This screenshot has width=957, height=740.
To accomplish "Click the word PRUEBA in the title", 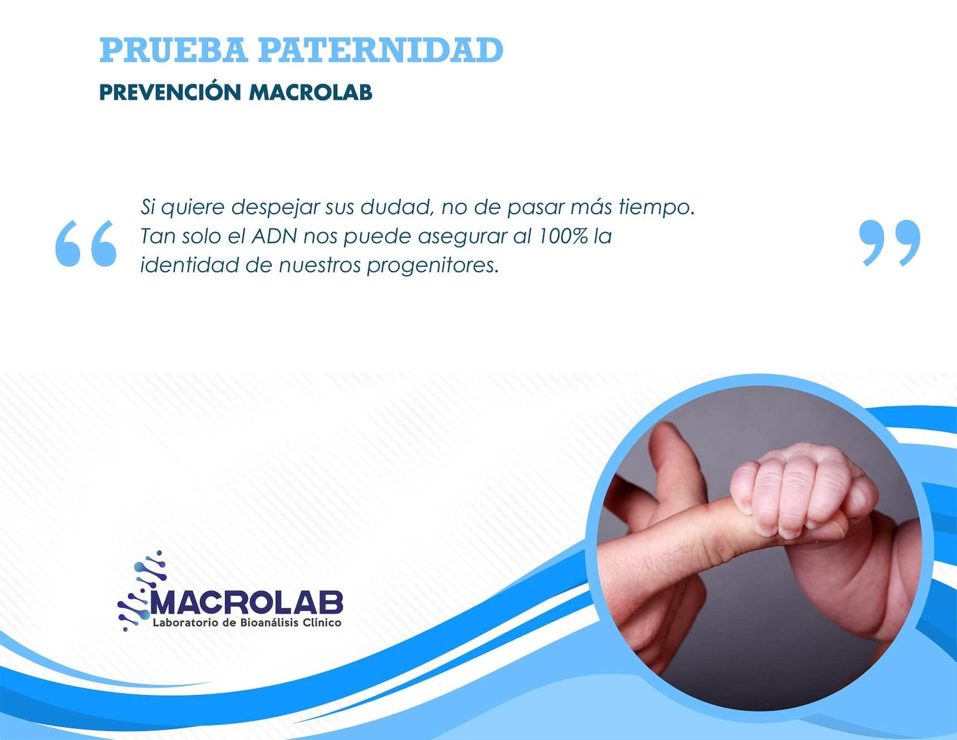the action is click(x=174, y=50).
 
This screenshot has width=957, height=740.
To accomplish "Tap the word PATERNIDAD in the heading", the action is click(x=380, y=50).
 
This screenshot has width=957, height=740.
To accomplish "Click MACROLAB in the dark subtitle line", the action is click(x=310, y=93).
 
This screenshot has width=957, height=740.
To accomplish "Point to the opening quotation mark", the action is click(x=86, y=243).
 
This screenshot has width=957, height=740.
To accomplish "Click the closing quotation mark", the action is click(x=890, y=243).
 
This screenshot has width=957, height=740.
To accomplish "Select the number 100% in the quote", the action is click(x=563, y=237).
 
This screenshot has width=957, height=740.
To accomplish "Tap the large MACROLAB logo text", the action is click(x=246, y=602).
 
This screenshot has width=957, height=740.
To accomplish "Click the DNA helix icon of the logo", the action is click(x=142, y=590).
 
